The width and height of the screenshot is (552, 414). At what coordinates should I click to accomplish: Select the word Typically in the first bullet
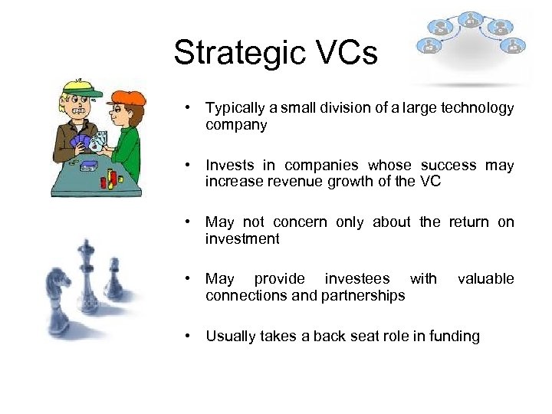pyautogui.click(x=235, y=108)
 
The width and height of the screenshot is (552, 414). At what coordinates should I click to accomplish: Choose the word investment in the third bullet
pyautogui.click(x=242, y=238)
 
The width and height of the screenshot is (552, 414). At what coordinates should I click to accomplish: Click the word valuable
pyautogui.click(x=485, y=278)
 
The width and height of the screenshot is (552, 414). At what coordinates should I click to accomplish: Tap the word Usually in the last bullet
pyautogui.click(x=231, y=336)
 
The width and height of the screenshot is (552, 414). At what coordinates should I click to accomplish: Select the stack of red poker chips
pyautogui.click(x=112, y=178)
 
